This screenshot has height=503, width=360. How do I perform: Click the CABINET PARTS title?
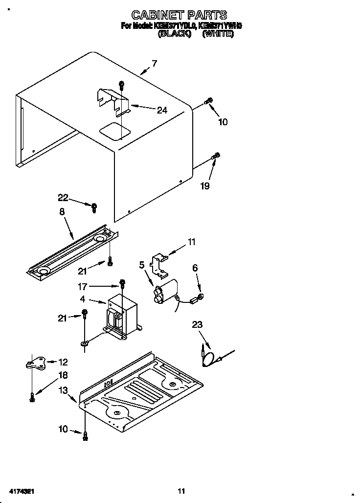pos(179,16)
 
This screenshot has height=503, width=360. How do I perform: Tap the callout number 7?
pos(155,63)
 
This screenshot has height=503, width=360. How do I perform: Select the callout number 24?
pos(162,111)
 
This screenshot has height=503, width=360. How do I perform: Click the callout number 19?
pos(205,186)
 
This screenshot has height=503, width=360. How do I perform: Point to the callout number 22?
pos(63,198)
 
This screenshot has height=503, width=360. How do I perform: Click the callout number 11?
pos(191,241)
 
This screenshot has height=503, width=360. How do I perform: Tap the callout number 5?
pos(142,265)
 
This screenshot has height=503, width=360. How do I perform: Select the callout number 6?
pos(195,268)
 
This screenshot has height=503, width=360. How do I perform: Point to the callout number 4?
pos(83,299)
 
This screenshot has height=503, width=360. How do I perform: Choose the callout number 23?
pos(197,324)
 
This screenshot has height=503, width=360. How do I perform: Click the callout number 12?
pos(63,362)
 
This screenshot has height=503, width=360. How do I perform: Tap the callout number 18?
pos(63,375)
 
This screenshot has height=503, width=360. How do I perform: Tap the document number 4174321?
pos(21,491)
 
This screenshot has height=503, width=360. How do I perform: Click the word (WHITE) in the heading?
pos(217,34)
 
